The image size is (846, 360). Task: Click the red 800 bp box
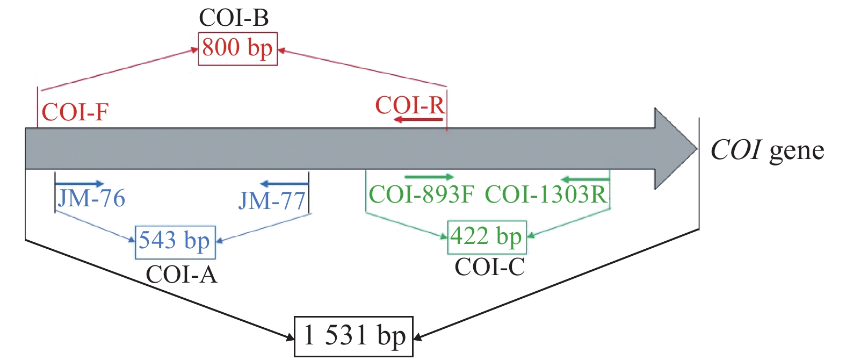237,49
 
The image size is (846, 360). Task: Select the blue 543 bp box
175,241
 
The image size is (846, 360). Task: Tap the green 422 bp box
487,237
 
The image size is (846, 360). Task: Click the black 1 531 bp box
353,336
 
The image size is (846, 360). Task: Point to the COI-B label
234,18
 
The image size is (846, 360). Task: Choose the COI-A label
182,275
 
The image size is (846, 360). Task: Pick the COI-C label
489,267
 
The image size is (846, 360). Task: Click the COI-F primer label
75,113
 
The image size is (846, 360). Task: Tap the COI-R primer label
410,105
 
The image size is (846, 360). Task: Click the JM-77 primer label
272,201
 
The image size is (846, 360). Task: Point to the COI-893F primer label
421,195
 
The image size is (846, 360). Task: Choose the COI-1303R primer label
546,195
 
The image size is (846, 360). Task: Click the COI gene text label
767,150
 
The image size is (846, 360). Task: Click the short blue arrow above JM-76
79,184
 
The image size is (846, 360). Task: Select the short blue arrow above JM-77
284,184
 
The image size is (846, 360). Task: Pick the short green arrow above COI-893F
429,177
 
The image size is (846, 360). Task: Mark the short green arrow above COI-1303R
585,179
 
